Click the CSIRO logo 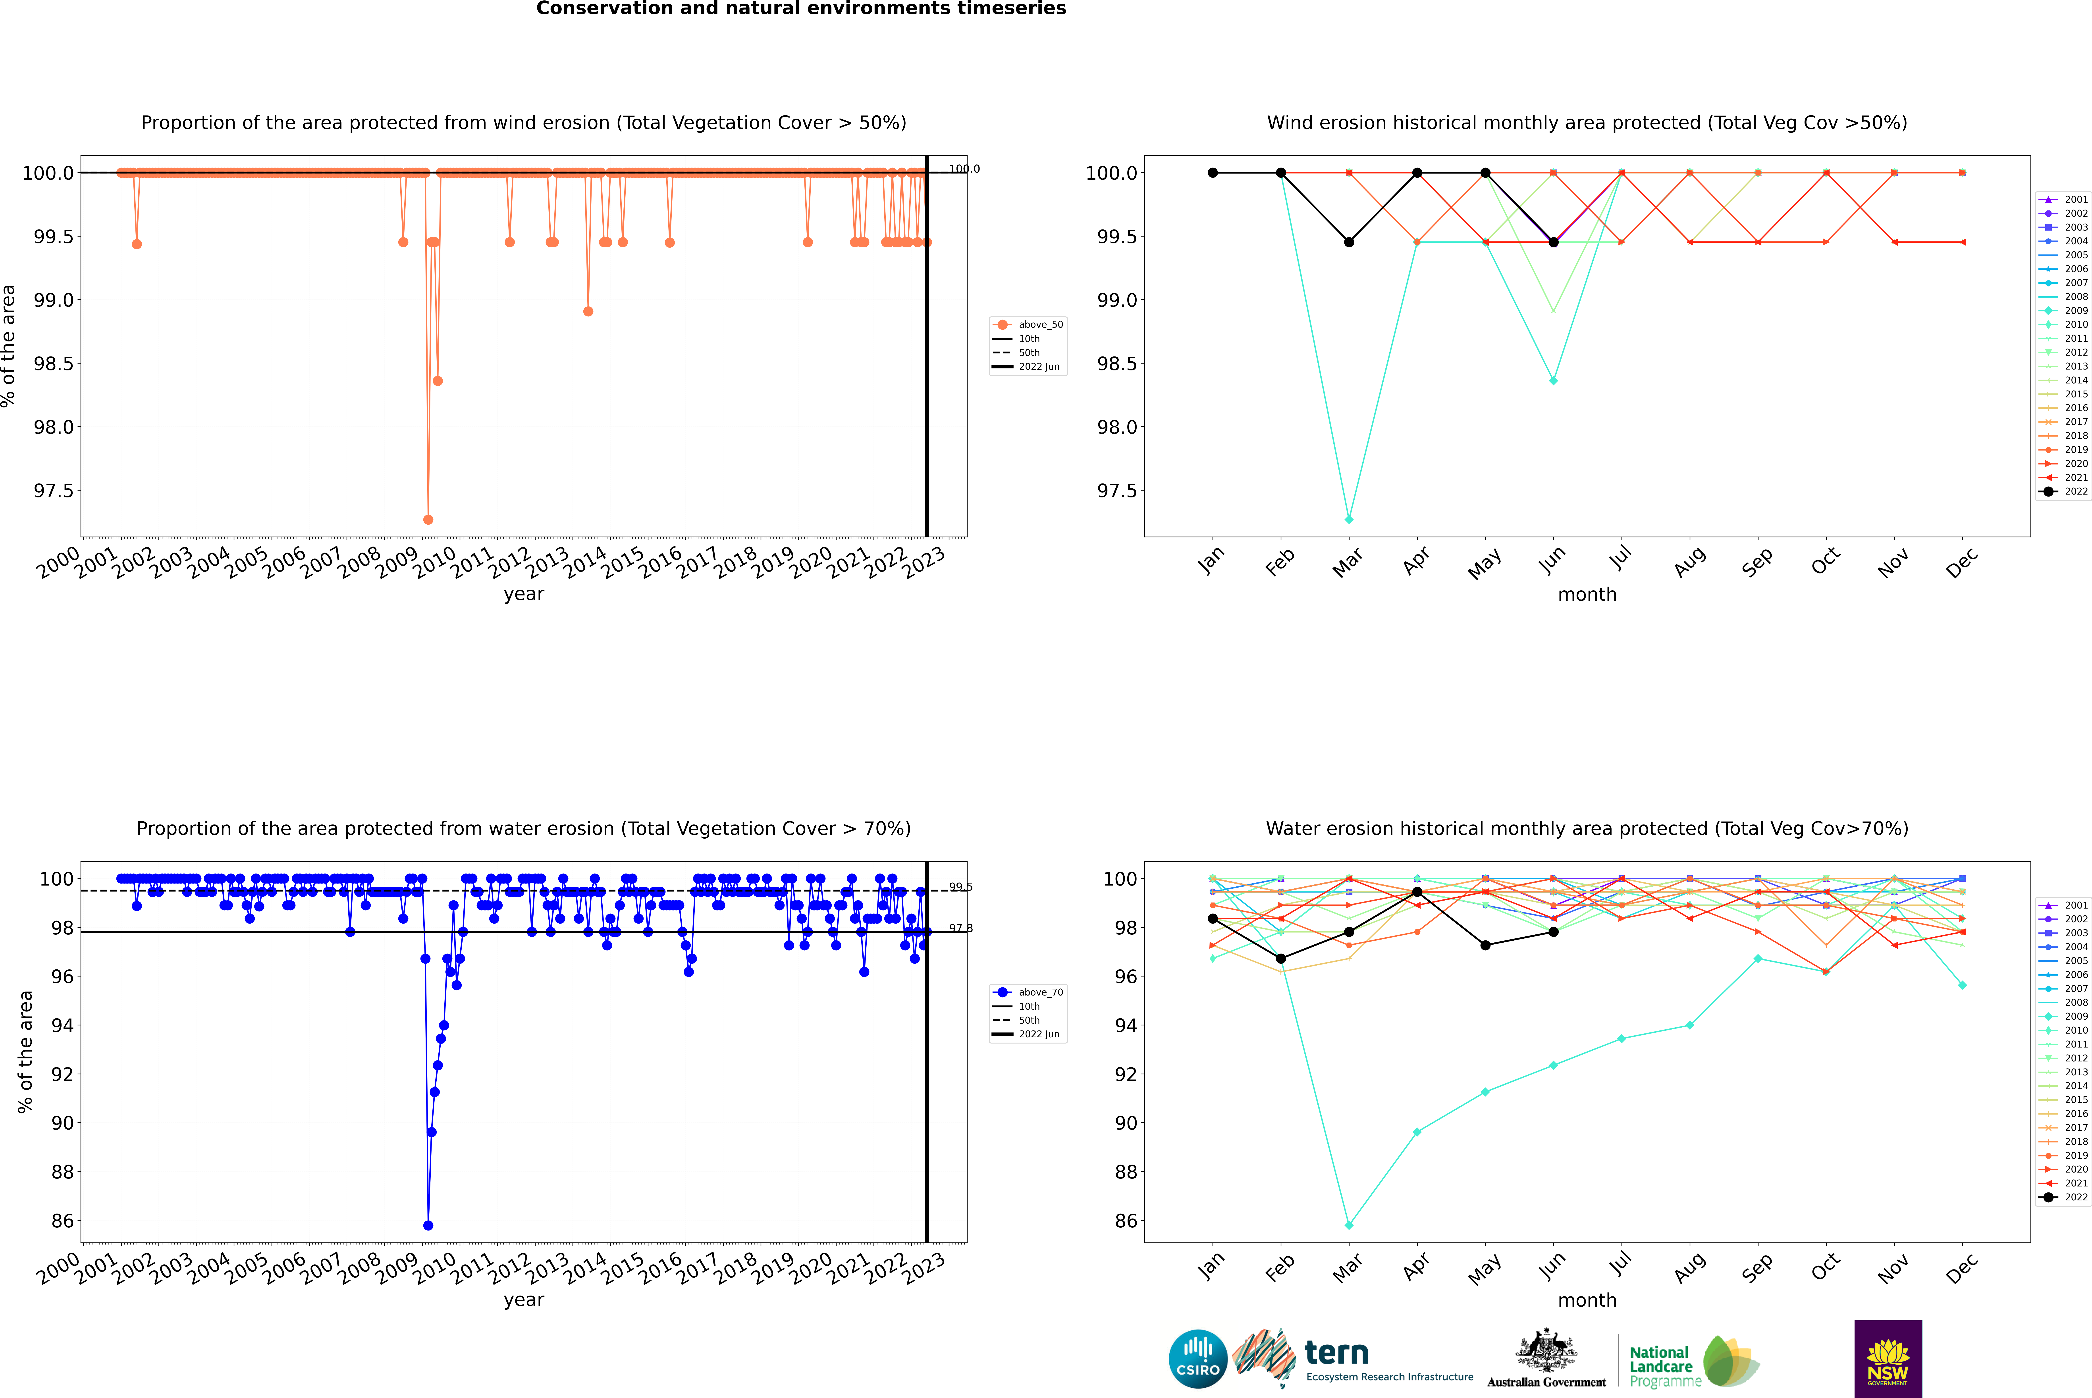point(1198,1359)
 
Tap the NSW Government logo point(1888,1359)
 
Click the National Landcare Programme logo point(1692,1361)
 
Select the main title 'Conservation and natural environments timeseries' point(801,9)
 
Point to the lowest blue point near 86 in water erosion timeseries point(428,1225)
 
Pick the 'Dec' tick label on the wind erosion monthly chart point(1962,563)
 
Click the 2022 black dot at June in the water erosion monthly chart point(1553,932)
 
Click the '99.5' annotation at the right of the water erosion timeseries point(960,887)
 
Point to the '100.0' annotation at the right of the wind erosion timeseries point(963,169)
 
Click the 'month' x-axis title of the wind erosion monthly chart point(1586,595)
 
